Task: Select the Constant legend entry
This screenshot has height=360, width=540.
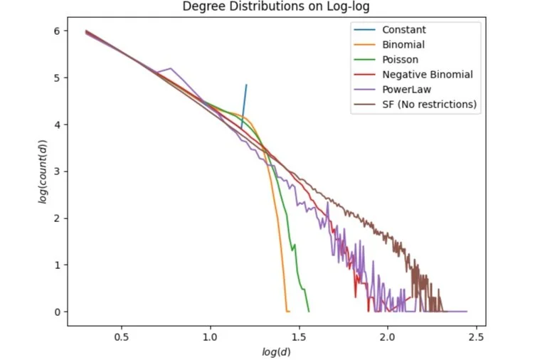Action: point(403,30)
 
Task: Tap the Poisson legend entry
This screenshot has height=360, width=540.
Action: point(400,60)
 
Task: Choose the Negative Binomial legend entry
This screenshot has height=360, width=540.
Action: point(427,75)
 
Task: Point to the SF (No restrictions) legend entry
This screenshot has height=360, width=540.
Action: point(429,105)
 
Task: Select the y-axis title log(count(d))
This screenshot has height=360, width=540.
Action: point(42,170)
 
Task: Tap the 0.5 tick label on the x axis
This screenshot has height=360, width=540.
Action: point(122,336)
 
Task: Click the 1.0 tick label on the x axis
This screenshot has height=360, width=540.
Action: point(211,336)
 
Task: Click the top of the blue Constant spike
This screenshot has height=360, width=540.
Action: point(246,85)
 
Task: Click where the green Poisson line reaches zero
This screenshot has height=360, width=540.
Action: point(308,311)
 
